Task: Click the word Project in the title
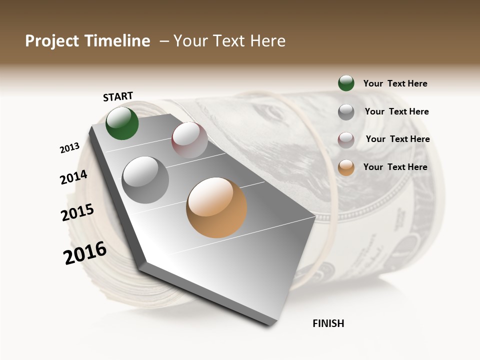click(51, 41)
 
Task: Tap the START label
click(118, 96)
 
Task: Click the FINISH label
click(328, 323)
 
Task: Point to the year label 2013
click(69, 147)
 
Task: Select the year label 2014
click(73, 177)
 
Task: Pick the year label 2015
click(77, 212)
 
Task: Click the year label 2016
click(85, 252)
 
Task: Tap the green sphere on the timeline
click(122, 123)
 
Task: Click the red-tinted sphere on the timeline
click(189, 140)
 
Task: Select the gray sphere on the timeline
click(145, 180)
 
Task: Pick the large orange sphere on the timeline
click(216, 207)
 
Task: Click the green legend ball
click(346, 83)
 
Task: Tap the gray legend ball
click(346, 112)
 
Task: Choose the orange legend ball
click(346, 167)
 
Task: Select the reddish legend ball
click(346, 139)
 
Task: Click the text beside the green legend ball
click(395, 84)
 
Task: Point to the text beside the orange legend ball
click(395, 167)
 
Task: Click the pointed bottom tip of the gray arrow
click(272, 322)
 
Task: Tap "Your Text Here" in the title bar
click(229, 41)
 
